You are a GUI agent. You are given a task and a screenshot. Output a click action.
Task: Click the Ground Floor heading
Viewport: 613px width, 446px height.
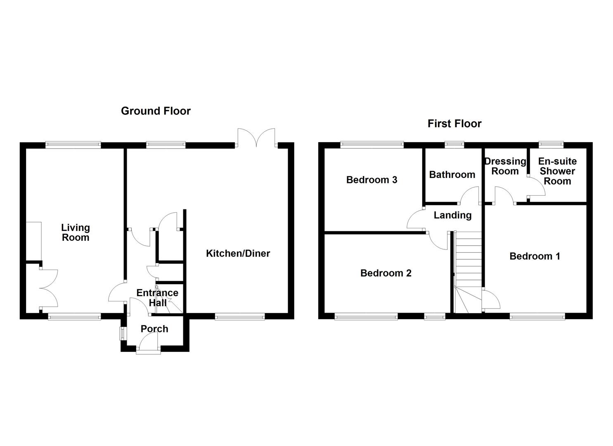pyautogui.click(x=156, y=111)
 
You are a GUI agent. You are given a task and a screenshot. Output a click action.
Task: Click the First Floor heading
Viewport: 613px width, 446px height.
pyautogui.click(x=454, y=123)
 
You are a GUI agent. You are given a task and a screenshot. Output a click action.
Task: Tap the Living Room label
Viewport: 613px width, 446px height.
pyautogui.click(x=76, y=232)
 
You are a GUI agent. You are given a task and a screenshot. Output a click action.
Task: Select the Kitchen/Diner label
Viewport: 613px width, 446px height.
pyautogui.click(x=238, y=253)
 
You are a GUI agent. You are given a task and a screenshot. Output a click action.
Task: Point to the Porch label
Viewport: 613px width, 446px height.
pyautogui.click(x=154, y=329)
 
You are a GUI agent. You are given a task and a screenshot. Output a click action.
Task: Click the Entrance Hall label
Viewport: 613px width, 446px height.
pyautogui.click(x=157, y=298)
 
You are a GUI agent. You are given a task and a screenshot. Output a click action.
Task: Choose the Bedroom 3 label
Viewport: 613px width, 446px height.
pyautogui.click(x=372, y=180)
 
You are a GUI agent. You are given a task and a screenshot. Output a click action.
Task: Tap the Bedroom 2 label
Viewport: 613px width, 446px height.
pyautogui.click(x=386, y=273)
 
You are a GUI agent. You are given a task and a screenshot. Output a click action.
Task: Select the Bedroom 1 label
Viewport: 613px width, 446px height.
pyautogui.click(x=535, y=256)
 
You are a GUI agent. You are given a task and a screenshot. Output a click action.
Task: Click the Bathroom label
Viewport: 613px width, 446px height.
pyautogui.click(x=452, y=174)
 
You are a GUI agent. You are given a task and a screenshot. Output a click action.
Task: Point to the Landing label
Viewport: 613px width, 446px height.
pyautogui.click(x=452, y=215)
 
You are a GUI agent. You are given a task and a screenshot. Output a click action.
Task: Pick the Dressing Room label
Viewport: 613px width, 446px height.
pyautogui.click(x=505, y=166)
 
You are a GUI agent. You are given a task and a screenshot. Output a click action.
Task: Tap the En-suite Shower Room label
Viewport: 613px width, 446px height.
pyautogui.click(x=557, y=171)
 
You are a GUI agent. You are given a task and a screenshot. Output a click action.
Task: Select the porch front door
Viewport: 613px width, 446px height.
pyautogui.click(x=149, y=344)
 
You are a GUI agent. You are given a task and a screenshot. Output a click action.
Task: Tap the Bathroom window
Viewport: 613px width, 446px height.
pyautogui.click(x=454, y=144)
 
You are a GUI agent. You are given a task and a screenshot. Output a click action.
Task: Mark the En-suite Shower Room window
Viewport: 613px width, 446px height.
pyautogui.click(x=551, y=144)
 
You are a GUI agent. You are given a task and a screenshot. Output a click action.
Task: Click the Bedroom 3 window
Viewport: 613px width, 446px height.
pyautogui.click(x=372, y=144)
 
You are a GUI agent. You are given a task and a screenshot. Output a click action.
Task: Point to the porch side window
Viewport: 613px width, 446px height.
pyautogui.click(x=123, y=333)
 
